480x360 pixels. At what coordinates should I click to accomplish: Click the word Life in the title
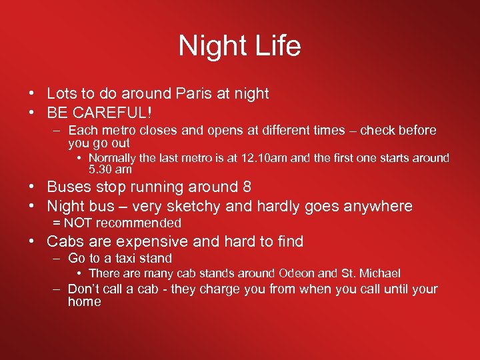coord(276,46)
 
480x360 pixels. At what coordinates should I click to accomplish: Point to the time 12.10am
coord(273,158)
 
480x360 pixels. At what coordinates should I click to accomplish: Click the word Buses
coord(69,187)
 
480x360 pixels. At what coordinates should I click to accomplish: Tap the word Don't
coord(84,289)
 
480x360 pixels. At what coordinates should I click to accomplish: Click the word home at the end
coord(84,301)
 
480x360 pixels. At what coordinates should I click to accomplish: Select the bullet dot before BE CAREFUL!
coord(32,111)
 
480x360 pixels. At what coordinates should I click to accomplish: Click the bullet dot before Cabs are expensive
coord(32,241)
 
